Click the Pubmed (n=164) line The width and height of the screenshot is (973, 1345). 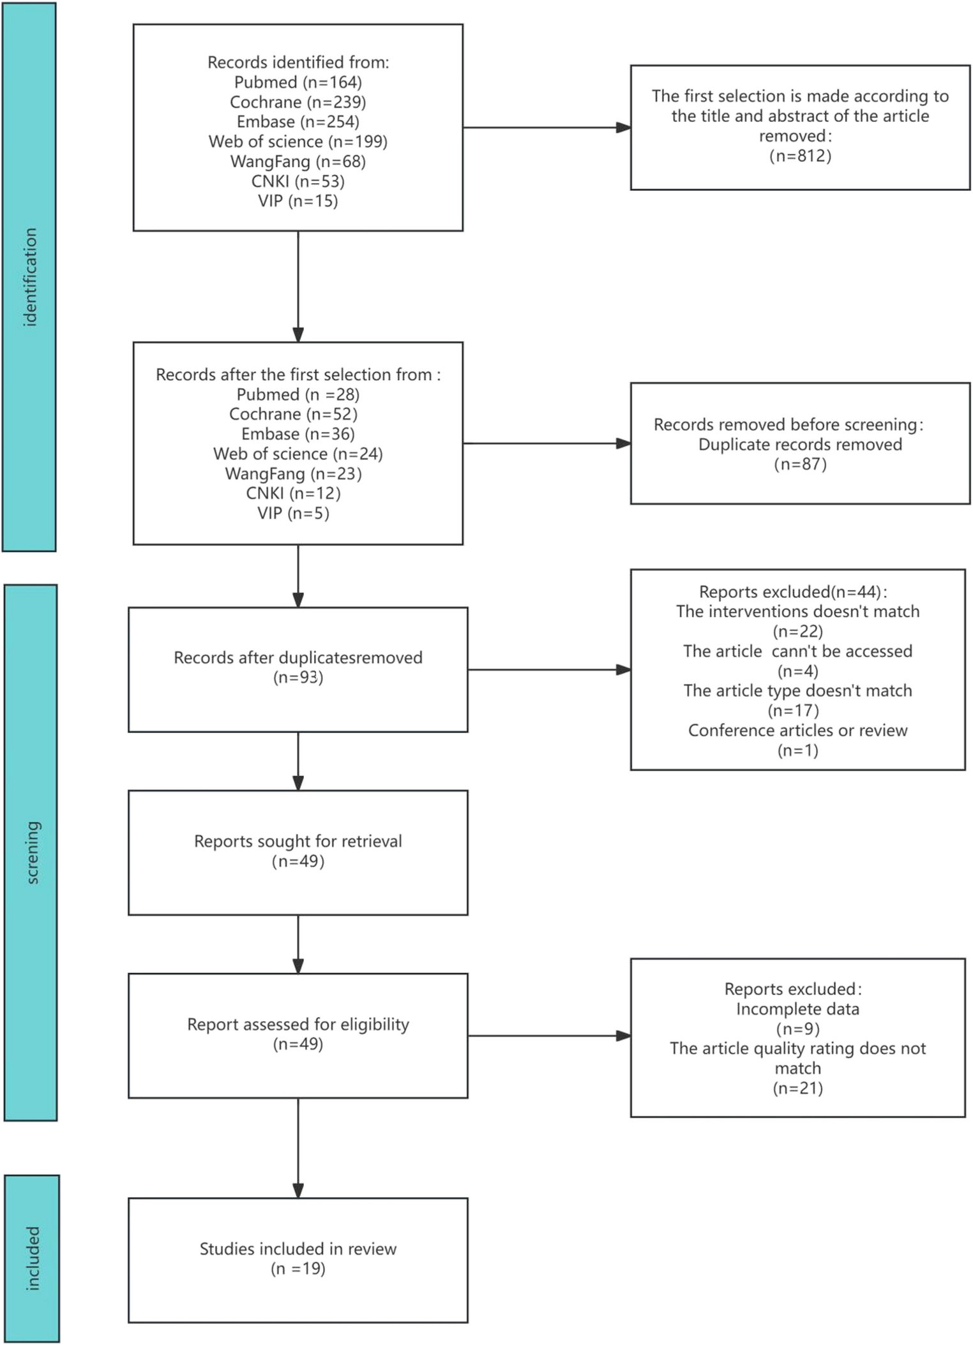[x=298, y=82]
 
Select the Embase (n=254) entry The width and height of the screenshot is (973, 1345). [x=298, y=122]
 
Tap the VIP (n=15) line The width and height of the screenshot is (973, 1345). [x=298, y=201]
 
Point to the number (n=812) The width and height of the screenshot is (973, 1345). [x=800, y=156]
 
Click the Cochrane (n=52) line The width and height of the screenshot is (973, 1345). [x=293, y=414]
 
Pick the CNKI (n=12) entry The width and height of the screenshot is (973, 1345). [x=293, y=493]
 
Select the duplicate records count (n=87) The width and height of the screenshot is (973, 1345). [x=800, y=464]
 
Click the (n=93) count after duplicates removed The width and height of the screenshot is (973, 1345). [x=298, y=677]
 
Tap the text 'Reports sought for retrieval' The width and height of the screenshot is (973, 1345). [x=298, y=841]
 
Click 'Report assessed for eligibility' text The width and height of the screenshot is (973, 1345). [x=298, y=1024]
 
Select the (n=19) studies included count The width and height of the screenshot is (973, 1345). [x=298, y=1268]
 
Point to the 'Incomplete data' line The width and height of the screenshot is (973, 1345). [x=797, y=1009]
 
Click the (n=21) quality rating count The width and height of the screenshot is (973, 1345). [x=797, y=1088]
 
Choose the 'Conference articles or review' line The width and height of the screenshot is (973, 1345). [x=797, y=730]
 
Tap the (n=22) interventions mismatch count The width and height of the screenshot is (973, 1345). [x=797, y=631]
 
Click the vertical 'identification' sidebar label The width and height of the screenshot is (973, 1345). [x=29, y=277]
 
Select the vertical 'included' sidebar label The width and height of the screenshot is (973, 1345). [x=32, y=1258]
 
